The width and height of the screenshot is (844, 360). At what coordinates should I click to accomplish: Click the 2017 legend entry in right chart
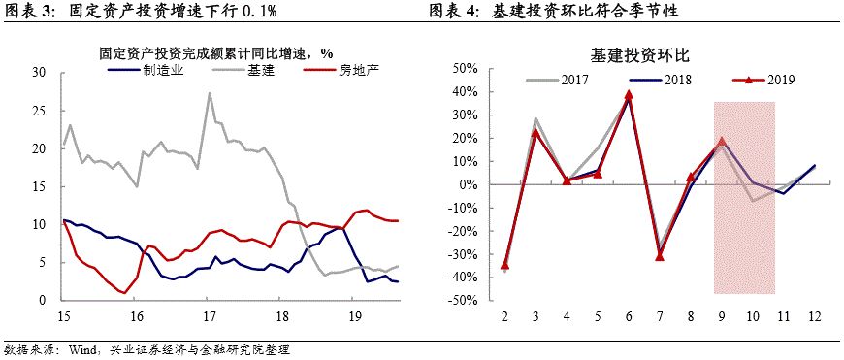click(573, 80)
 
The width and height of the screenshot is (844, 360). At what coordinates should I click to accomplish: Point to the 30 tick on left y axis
click(40, 73)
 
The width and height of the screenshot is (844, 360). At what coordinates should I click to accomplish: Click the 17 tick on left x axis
click(209, 316)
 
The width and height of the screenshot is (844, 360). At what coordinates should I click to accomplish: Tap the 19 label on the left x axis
click(355, 316)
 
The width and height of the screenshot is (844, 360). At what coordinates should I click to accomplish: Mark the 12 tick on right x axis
click(813, 316)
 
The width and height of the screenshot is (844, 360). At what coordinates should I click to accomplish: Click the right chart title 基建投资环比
click(643, 55)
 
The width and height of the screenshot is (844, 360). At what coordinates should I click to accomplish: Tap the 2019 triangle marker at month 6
click(630, 94)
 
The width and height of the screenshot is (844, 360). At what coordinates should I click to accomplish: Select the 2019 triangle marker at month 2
click(505, 264)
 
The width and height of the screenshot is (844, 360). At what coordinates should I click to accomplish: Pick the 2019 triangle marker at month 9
click(722, 141)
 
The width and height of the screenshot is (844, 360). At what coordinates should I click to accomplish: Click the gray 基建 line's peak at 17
click(210, 93)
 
